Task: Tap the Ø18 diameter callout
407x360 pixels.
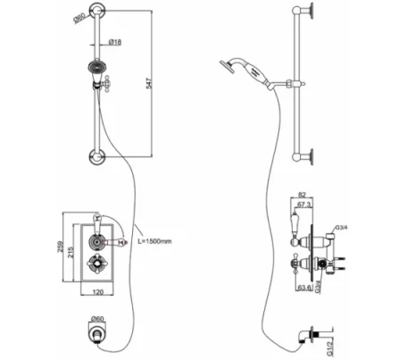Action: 116,42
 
